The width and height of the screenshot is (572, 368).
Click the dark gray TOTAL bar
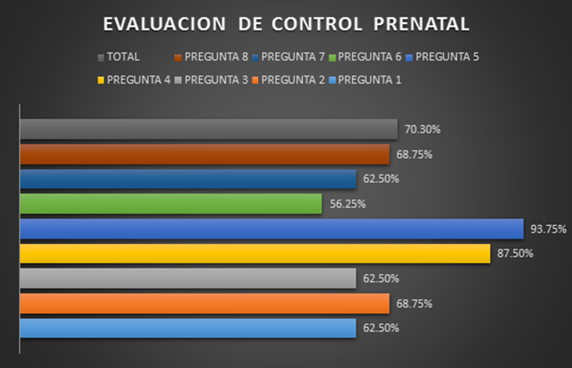pos(208,129)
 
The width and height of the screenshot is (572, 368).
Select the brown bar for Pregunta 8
pos(204,154)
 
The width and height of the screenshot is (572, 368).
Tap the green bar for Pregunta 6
pos(170,204)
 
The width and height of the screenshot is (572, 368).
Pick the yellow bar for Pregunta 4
pos(254,254)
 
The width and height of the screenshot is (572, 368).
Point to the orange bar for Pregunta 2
pos(204,303)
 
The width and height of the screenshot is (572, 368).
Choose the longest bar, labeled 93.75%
pos(271,229)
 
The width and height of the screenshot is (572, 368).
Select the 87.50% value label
pos(515,254)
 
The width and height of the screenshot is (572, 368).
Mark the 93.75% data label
pos(548,229)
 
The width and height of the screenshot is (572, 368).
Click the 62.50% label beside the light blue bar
pos(380,328)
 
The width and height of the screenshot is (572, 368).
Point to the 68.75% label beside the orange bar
pos(414,303)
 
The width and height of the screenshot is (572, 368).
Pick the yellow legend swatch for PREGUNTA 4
pos(101,81)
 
